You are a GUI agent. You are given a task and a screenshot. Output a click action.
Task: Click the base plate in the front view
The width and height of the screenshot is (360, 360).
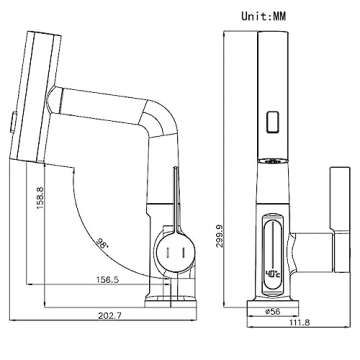click(x=272, y=296)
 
